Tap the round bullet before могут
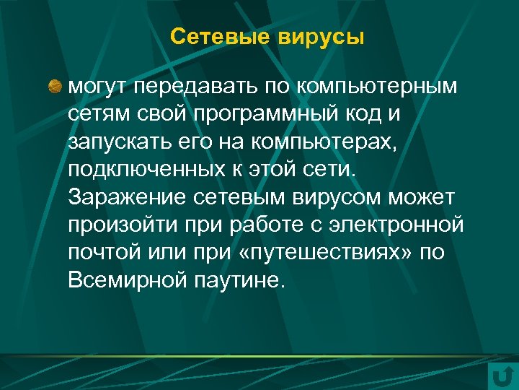[x=56, y=87]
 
